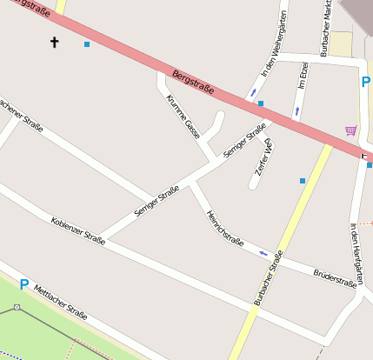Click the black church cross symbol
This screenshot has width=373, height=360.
(55, 41)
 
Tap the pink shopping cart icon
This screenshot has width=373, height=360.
(350, 130)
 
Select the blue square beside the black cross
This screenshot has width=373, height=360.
(86, 44)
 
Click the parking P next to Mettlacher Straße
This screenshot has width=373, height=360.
(24, 283)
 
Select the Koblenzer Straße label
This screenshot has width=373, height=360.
(77, 230)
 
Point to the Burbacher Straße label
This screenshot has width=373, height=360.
(269, 278)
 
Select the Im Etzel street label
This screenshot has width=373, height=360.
(303, 75)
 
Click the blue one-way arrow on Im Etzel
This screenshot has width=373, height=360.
(296, 110)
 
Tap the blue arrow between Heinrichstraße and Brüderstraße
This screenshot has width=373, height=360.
(263, 253)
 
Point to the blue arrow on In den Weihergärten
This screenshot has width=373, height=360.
(253, 91)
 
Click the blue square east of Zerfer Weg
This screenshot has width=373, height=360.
(303, 181)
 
